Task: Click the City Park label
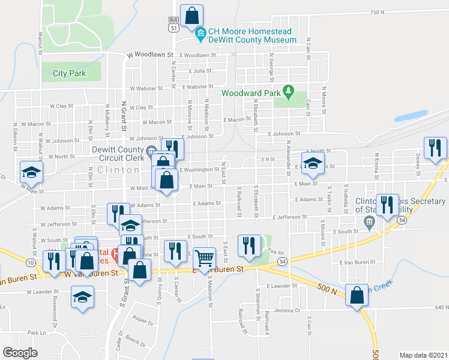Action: (x=69, y=74)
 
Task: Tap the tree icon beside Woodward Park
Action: (x=289, y=92)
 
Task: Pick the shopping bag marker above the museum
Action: (x=192, y=16)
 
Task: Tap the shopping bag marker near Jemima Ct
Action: (x=357, y=296)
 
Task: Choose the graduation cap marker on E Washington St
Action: (x=312, y=163)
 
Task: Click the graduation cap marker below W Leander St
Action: (x=82, y=296)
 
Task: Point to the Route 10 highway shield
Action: (x=31, y=263)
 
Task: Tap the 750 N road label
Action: (x=377, y=12)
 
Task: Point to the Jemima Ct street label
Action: (x=286, y=310)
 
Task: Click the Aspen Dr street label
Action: (x=143, y=322)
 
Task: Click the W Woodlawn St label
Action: (x=150, y=55)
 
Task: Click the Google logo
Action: (x=20, y=353)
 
